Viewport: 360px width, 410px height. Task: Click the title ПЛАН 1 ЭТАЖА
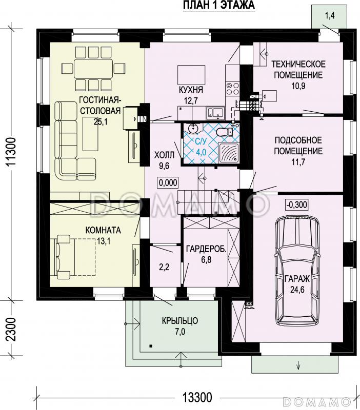click(219, 5)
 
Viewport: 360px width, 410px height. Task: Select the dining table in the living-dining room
click(93, 69)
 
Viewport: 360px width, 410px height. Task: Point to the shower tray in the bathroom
click(228, 153)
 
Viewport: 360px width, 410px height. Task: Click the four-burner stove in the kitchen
click(233, 88)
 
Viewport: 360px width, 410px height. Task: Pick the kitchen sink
click(215, 112)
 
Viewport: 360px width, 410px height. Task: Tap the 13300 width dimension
click(197, 398)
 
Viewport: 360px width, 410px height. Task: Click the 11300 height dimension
click(12, 152)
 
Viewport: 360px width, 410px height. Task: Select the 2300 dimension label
click(12, 329)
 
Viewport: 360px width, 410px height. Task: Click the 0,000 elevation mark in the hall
click(168, 182)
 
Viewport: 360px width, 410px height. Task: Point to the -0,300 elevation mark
click(297, 204)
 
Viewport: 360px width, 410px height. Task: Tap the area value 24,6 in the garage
click(297, 290)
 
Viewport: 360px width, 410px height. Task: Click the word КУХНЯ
click(191, 90)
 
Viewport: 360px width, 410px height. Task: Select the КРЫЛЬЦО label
click(180, 321)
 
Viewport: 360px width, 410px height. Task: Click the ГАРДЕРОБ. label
click(207, 249)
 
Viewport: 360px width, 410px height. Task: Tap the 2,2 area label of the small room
click(164, 267)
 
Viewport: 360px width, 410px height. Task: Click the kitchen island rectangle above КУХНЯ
click(191, 73)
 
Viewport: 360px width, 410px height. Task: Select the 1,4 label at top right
click(330, 16)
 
